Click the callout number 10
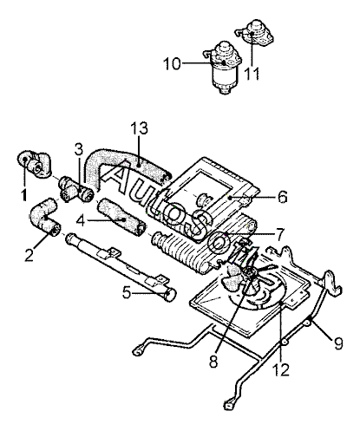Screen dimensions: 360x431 (172, 63)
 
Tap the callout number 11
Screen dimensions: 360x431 (252, 74)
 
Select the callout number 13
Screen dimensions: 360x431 (139, 128)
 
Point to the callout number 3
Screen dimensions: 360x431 (78, 150)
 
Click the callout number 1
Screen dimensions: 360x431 (25, 194)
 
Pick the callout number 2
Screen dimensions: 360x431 (29, 255)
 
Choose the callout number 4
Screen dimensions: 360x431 (82, 221)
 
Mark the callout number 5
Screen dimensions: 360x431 (127, 293)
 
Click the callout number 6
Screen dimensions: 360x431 (283, 197)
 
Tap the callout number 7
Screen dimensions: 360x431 (280, 234)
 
